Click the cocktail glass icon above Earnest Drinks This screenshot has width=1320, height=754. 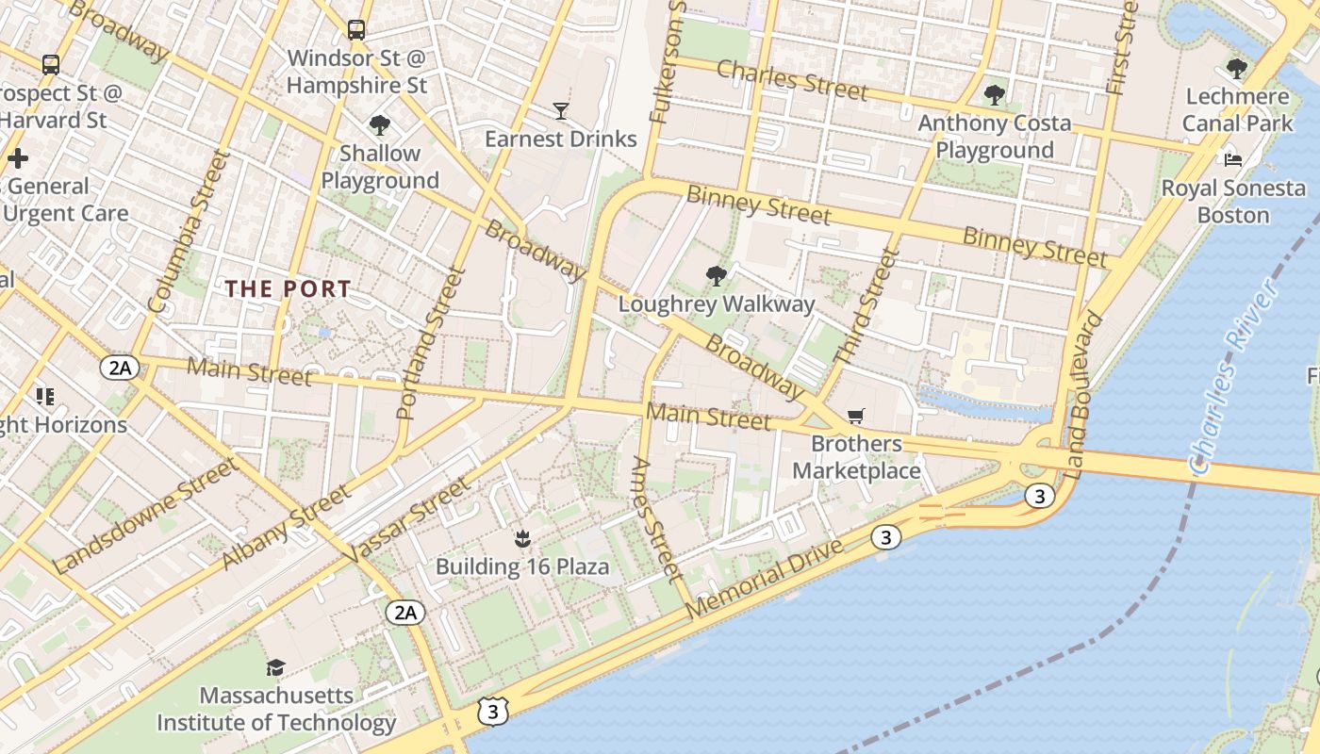(561, 111)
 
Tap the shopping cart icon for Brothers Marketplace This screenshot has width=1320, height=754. (856, 416)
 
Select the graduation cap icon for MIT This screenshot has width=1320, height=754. (275, 668)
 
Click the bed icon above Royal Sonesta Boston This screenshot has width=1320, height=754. (1232, 159)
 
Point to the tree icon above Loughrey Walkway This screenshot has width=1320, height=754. (716, 276)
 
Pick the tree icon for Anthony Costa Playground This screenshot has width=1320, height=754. (994, 94)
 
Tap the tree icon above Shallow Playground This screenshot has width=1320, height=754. (380, 124)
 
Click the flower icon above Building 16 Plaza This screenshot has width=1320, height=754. (521, 539)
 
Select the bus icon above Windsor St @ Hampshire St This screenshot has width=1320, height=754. (355, 30)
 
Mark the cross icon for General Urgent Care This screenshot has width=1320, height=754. (17, 158)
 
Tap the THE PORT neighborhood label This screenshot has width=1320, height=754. (289, 289)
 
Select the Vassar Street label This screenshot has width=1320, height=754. (406, 521)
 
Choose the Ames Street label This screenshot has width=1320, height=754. (656, 517)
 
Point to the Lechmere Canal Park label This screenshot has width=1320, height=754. (1238, 109)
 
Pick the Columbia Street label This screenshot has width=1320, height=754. (189, 232)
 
